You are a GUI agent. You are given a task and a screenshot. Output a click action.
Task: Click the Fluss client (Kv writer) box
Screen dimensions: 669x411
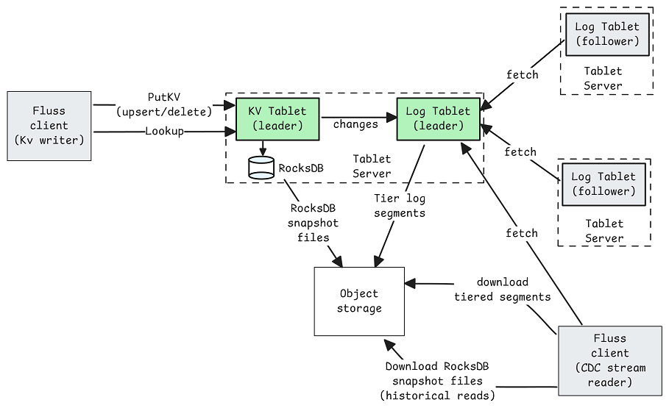click(x=49, y=126)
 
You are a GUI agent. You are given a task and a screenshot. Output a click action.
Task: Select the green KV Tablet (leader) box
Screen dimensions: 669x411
click(x=277, y=119)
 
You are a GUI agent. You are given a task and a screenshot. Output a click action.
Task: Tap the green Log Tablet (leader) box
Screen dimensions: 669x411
click(x=439, y=119)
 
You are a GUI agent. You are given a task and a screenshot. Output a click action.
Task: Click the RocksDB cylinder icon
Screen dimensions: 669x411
click(x=261, y=168)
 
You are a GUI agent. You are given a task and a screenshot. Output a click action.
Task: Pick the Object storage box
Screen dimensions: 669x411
click(x=359, y=301)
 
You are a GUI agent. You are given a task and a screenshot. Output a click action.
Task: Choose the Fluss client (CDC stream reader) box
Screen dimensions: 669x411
click(x=610, y=361)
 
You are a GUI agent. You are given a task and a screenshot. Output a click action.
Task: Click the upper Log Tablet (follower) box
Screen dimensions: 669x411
click(x=608, y=35)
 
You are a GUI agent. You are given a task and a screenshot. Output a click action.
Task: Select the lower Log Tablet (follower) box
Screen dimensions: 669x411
click(x=603, y=185)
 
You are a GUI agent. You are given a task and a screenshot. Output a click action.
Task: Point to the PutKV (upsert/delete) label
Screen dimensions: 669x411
click(x=164, y=104)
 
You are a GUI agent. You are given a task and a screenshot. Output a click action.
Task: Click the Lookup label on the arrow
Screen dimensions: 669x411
click(x=164, y=131)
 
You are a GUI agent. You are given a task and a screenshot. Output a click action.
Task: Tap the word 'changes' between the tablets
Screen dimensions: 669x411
click(x=355, y=124)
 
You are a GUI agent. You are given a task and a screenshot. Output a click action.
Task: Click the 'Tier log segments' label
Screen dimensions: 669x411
click(x=400, y=206)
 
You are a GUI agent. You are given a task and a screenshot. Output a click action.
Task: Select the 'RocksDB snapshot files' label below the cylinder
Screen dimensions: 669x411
click(x=314, y=223)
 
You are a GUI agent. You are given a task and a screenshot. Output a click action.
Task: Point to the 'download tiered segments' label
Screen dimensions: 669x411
click(x=502, y=290)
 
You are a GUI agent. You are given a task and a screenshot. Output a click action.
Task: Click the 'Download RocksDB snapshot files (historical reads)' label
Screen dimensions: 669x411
click(x=437, y=381)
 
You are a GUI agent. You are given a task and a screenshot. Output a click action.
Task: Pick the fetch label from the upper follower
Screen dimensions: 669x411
click(x=523, y=74)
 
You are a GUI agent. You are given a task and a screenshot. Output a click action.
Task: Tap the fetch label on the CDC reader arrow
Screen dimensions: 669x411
click(x=521, y=233)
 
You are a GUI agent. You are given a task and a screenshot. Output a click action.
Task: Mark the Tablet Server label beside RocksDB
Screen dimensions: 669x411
click(x=372, y=166)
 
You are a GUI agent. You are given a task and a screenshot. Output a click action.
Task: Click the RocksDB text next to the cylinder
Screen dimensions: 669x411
click(x=301, y=168)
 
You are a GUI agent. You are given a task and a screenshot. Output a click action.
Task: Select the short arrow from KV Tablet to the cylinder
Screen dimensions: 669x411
click(x=263, y=149)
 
